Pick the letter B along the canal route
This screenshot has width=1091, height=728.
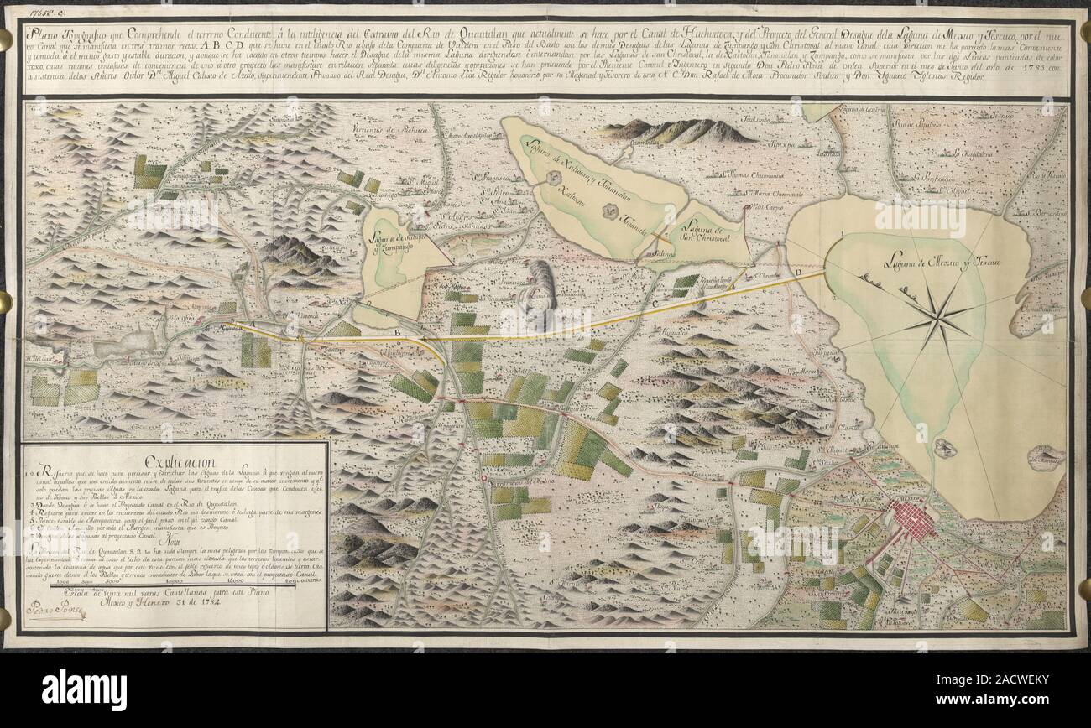(398, 334)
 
